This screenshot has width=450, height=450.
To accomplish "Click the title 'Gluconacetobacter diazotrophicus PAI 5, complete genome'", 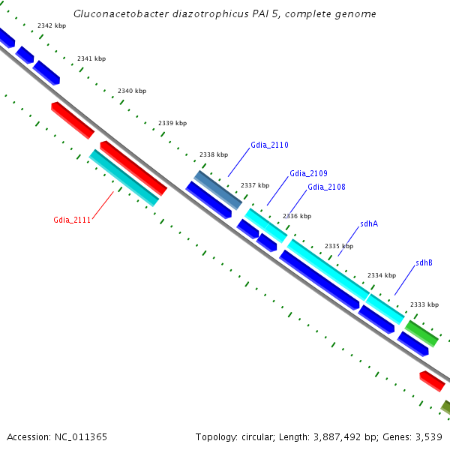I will point(225,14).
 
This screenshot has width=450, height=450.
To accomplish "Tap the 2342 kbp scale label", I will point(52,26).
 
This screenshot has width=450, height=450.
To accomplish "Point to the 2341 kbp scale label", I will point(91,58).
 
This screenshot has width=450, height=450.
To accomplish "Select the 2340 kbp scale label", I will point(132,91).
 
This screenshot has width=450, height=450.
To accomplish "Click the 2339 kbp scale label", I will point(172,123).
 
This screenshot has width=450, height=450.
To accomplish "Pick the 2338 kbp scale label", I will point(214,154).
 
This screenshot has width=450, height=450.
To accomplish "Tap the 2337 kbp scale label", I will point(254,185).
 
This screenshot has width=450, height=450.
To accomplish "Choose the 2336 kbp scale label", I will point(296,216).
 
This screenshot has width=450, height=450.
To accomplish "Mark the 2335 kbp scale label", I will point(338,246).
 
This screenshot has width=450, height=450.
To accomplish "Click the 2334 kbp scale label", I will point(381,275).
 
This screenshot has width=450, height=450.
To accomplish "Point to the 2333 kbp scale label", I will point(424,304).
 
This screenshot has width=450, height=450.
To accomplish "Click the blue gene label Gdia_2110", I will point(269,145).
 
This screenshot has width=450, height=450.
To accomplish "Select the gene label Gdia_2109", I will point(308,174).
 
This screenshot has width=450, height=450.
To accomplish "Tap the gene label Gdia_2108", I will point(326,187).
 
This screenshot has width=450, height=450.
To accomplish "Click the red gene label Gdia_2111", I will point(72,220).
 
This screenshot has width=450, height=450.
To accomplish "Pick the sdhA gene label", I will point(368,223).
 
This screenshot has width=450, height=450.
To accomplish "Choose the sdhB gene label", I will point(424,262).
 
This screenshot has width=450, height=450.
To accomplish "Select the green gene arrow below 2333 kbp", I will point(421,334).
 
